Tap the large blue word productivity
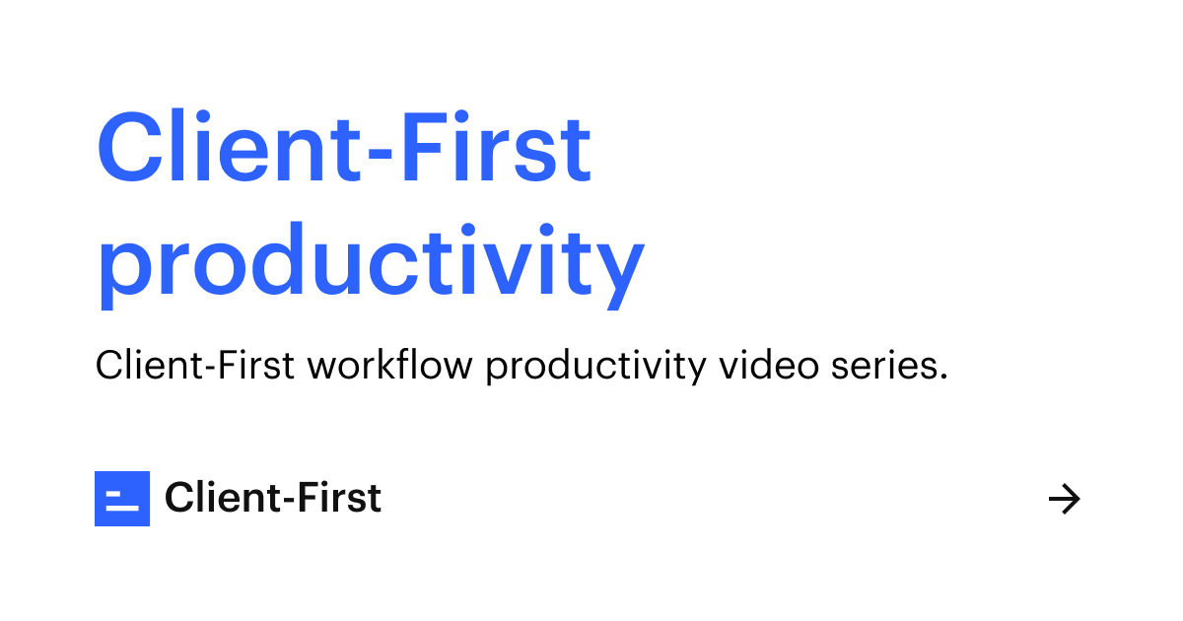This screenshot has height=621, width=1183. [370, 261]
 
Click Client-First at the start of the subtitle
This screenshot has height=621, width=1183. [194, 366]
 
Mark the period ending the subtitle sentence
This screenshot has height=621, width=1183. [943, 378]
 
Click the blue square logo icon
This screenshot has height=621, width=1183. [122, 499]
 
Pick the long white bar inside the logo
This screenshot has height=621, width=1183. [122, 509]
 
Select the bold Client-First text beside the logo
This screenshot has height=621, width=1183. [273, 499]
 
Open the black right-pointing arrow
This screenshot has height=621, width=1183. [1064, 500]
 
